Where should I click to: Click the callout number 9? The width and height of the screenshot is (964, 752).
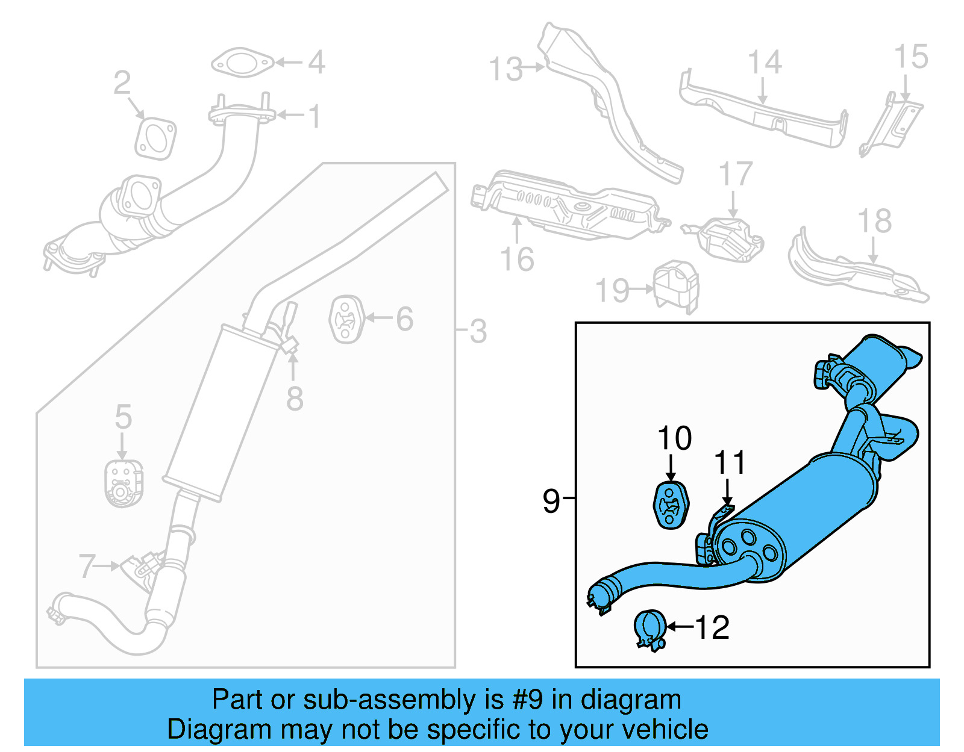551,500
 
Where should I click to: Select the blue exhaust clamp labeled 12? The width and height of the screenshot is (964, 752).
650,629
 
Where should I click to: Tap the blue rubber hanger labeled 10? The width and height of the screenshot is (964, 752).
671,505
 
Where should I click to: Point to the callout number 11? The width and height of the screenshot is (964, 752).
729,463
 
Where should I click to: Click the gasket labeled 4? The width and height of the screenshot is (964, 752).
242,63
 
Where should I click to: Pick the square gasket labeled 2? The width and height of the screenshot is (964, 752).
155,138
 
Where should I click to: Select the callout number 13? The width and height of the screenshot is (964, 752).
505,69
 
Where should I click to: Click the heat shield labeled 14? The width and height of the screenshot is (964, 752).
765,114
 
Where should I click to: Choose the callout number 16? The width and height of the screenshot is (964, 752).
517,259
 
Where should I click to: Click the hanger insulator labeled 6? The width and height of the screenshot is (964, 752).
346,319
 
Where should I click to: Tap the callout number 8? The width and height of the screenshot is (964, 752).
294,399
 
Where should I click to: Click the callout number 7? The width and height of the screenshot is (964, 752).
87,566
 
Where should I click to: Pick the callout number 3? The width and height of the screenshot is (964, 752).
478,331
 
